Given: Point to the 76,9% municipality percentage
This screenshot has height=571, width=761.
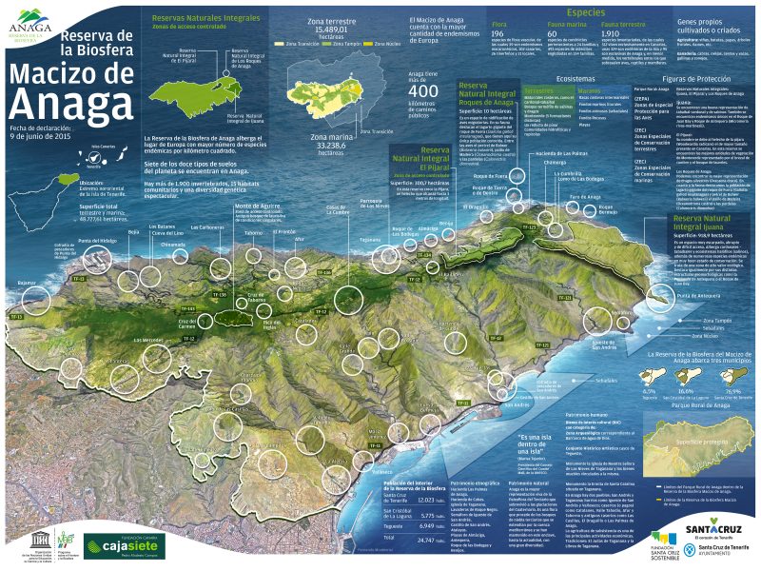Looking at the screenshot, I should pos(732,391).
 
